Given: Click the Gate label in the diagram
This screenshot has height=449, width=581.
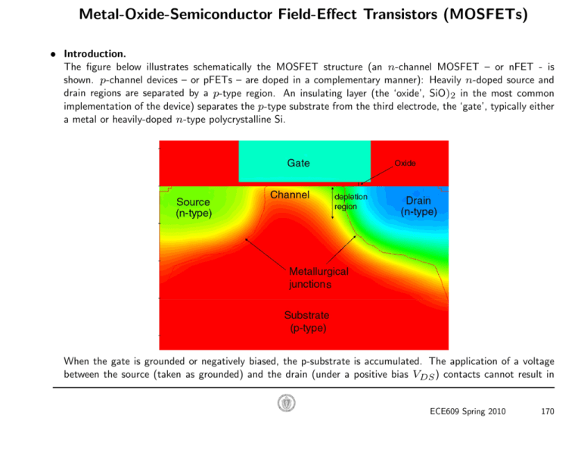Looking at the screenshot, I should (298, 163).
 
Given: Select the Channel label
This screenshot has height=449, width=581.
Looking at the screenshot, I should (290, 195).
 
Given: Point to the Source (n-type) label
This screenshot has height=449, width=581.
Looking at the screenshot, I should (194, 207).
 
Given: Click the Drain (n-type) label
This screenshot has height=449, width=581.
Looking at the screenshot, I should (418, 207).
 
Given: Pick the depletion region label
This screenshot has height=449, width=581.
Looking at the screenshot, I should (351, 201).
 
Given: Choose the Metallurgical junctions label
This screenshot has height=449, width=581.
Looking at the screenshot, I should (318, 278).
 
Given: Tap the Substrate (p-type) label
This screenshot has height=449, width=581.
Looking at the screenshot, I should (306, 321).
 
